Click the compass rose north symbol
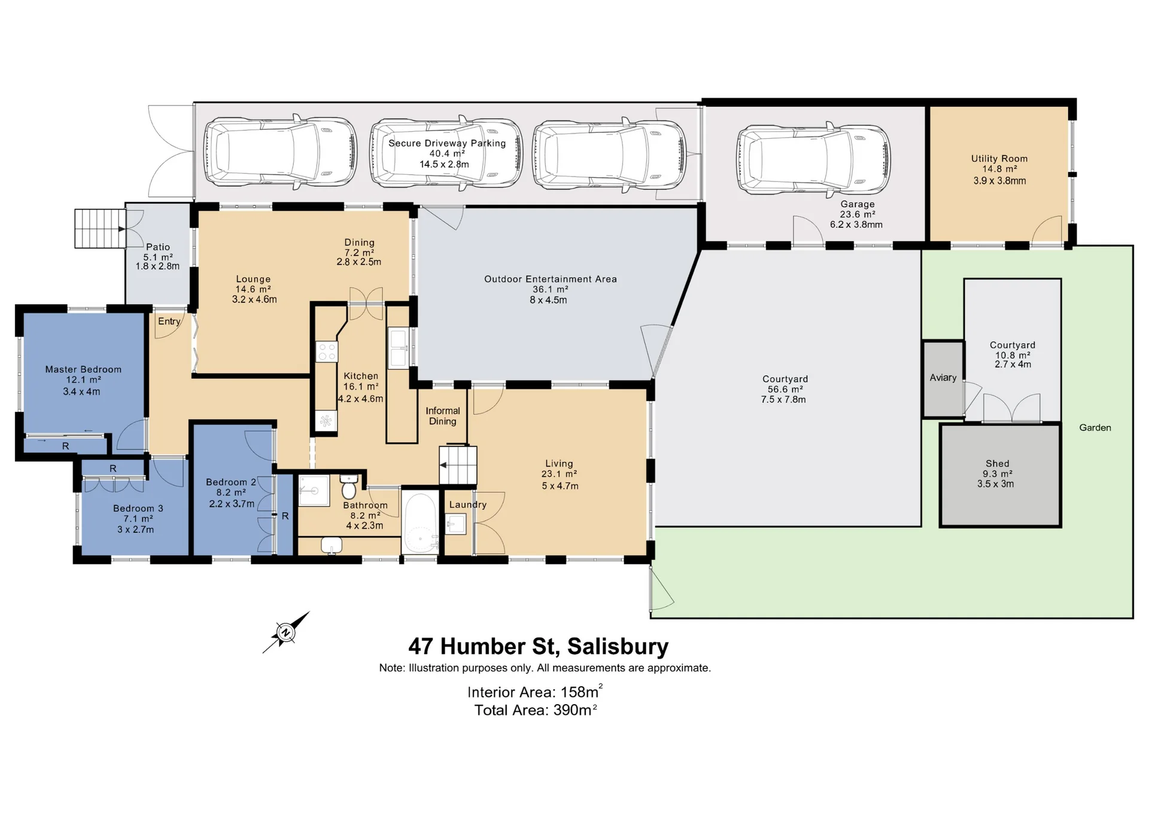pyautogui.click(x=285, y=633)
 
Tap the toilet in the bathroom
pyautogui.click(x=349, y=487)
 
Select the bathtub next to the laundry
pyautogui.click(x=420, y=523)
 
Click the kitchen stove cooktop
pyautogui.click(x=327, y=351)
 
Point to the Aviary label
pyautogui.click(x=943, y=378)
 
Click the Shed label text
pyautogui.click(x=998, y=463)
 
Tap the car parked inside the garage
pyautogui.click(x=813, y=159)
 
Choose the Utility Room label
pyautogui.click(x=999, y=159)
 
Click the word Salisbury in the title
pyautogui.click(x=618, y=647)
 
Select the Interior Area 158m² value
pyautogui.click(x=535, y=691)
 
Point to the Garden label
pyautogui.click(x=1095, y=427)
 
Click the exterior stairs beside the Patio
pyautogui.click(x=100, y=228)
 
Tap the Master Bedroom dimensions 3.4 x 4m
pyautogui.click(x=81, y=392)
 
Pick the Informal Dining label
pyautogui.click(x=443, y=416)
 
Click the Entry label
pyautogui.click(x=169, y=321)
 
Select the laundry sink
pyautogui.click(x=456, y=525)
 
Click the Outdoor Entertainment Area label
pyautogui.click(x=551, y=279)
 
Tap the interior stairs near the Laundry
pyautogui.click(x=458, y=465)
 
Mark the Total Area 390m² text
pyautogui.click(x=536, y=710)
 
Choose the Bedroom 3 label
pyautogui.click(x=138, y=508)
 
